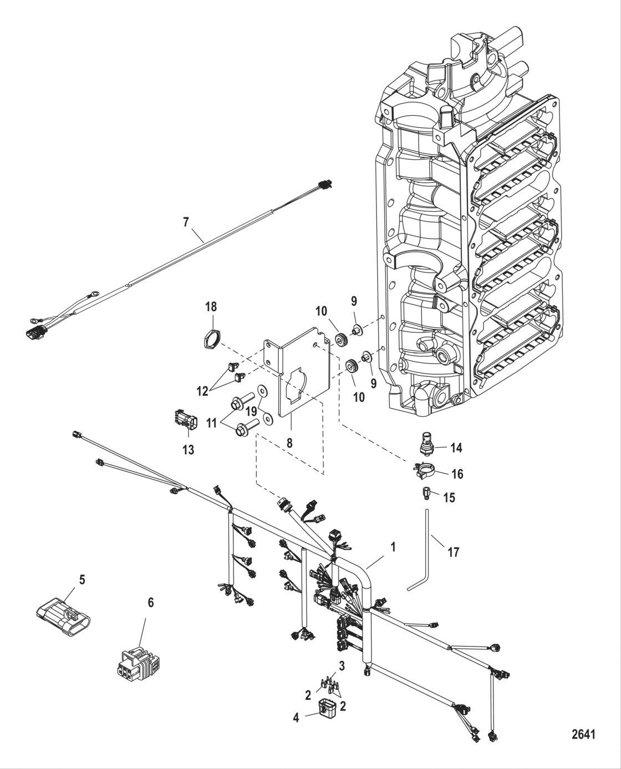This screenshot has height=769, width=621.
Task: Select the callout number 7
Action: (186, 222)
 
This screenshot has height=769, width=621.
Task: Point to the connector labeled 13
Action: (184, 421)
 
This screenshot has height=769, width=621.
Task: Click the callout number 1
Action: (393, 547)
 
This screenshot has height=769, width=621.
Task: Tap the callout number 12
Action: (201, 391)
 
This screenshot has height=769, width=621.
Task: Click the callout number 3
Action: (342, 665)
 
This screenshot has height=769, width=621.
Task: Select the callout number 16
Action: (457, 474)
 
